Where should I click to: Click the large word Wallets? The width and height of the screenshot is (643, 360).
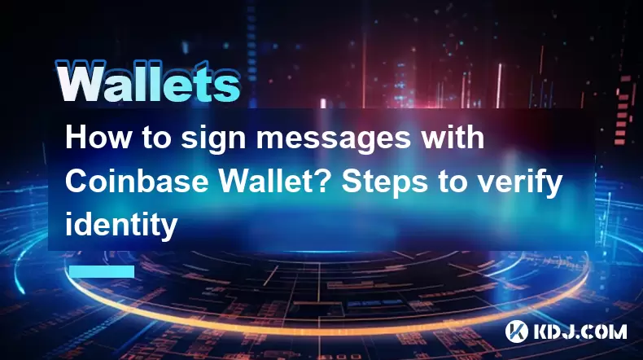pos(147,81)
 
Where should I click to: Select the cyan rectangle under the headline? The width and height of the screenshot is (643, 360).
pos(102,271)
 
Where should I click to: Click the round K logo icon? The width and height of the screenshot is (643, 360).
pos(517,331)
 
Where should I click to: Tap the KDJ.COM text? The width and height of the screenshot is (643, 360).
pos(580,331)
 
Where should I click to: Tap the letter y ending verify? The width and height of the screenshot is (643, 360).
pos(553,187)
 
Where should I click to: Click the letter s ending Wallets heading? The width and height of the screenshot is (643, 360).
pos(228,87)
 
